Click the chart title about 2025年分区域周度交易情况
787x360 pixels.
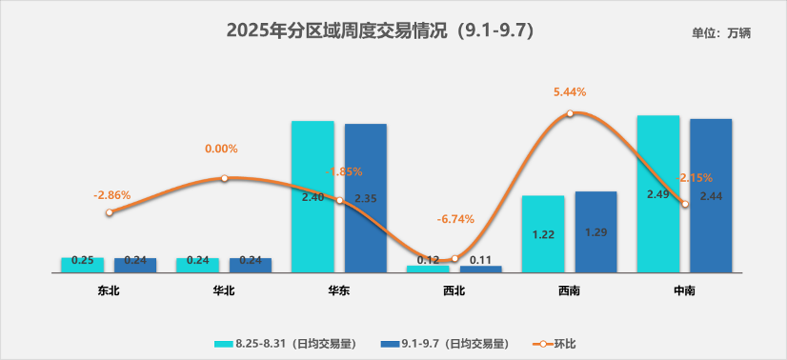pyautogui.click(x=379, y=30)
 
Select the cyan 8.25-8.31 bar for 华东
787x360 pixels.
pyautogui.click(x=313, y=196)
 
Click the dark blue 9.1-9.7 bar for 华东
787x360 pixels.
pyautogui.click(x=366, y=198)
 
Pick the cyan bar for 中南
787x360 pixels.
pyautogui.click(x=657, y=193)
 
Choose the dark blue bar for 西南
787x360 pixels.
pyautogui.click(x=595, y=231)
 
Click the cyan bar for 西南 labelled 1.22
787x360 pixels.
pyautogui.click(x=543, y=233)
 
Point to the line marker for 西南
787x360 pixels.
pyautogui.click(x=570, y=113)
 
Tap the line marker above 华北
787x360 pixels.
pyautogui.click(x=224, y=178)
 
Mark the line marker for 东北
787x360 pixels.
pyautogui.click(x=110, y=212)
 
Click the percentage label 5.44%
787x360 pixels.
pyautogui.click(x=570, y=92)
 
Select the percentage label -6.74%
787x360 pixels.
pyautogui.click(x=455, y=219)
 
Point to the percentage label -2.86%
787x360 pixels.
pyautogui.click(x=111, y=194)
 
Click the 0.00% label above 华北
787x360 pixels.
pyautogui.click(x=221, y=150)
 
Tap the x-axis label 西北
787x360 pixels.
pyautogui.click(x=454, y=290)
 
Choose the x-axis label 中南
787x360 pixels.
pyautogui.click(x=683, y=290)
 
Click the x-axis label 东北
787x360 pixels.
pyautogui.click(x=109, y=290)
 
